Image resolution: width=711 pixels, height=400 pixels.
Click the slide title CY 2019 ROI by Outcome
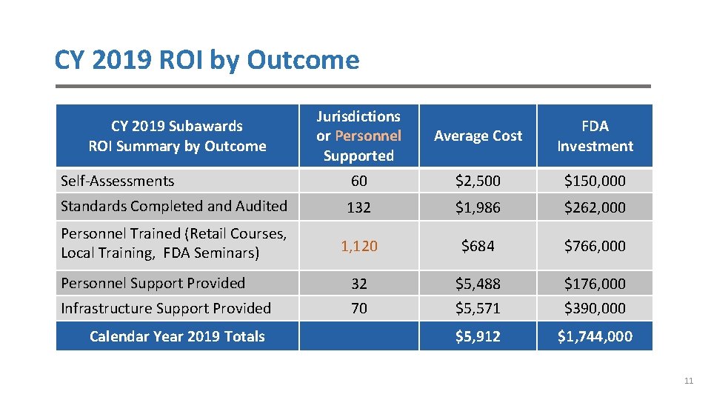tap(207, 60)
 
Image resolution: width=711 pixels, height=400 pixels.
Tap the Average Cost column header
tap(478, 136)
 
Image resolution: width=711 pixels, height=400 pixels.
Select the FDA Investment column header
tap(595, 136)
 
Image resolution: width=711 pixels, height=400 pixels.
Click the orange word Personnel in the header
tap(368, 136)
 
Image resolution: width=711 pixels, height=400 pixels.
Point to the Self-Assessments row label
tap(117, 181)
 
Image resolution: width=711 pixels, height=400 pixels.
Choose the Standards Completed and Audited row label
tap(173, 206)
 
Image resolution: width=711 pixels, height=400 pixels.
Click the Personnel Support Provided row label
tap(153, 283)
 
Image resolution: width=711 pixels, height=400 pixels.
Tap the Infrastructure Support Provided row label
tap(166, 308)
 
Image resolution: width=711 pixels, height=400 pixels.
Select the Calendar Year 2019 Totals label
tap(177, 336)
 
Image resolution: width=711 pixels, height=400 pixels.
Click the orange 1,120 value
tap(359, 246)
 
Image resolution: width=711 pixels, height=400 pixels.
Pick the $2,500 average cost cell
tap(478, 181)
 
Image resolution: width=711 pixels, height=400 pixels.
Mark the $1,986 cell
tap(478, 207)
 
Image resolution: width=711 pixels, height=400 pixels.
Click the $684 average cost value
tap(478, 245)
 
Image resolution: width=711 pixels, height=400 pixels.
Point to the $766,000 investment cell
tap(595, 245)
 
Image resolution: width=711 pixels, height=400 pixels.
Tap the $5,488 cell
tap(478, 284)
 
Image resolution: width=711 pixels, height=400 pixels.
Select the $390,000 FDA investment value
tap(595, 308)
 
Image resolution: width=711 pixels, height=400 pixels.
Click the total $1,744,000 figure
tap(595, 336)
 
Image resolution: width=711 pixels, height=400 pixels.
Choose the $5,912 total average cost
tap(478, 336)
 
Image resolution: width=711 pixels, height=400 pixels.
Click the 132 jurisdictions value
tap(359, 207)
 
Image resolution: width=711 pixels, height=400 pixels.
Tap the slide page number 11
tap(689, 381)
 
